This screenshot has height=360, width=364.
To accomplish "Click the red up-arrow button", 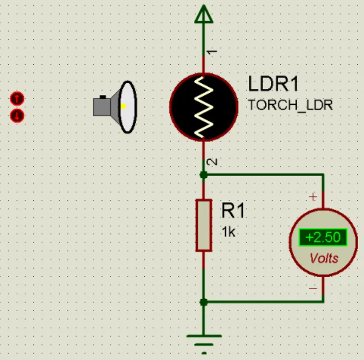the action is click(x=17, y=98).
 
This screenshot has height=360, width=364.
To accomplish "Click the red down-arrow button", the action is click(x=17, y=116).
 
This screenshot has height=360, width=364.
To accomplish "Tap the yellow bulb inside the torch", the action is click(x=123, y=106).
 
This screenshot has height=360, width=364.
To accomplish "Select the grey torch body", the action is click(x=102, y=106).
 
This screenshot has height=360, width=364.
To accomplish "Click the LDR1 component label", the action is click(x=273, y=84).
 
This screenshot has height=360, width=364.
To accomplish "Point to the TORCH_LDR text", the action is click(x=291, y=105).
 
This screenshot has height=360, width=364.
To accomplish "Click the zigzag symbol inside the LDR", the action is click(x=204, y=107).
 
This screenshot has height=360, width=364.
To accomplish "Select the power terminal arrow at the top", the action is click(x=204, y=14).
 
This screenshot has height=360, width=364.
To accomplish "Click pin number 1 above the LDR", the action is click(x=212, y=52).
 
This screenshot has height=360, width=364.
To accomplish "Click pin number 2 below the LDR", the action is click(x=212, y=162).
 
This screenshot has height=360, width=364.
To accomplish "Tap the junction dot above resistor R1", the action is click(x=204, y=174).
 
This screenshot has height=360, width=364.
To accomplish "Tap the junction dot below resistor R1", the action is click(x=204, y=302).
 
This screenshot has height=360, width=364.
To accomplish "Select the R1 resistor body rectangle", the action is click(x=204, y=226).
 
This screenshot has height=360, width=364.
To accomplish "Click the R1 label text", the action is click(x=233, y=211).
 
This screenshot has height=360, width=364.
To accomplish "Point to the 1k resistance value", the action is click(x=228, y=232).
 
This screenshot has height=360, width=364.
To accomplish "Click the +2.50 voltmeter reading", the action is click(x=323, y=237).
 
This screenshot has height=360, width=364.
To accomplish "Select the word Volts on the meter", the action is click(x=324, y=258).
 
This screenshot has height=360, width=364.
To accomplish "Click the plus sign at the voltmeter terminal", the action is click(x=313, y=197).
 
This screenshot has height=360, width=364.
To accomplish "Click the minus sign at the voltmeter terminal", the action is click(x=313, y=288).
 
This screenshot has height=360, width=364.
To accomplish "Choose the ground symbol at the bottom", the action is click(x=204, y=344).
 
